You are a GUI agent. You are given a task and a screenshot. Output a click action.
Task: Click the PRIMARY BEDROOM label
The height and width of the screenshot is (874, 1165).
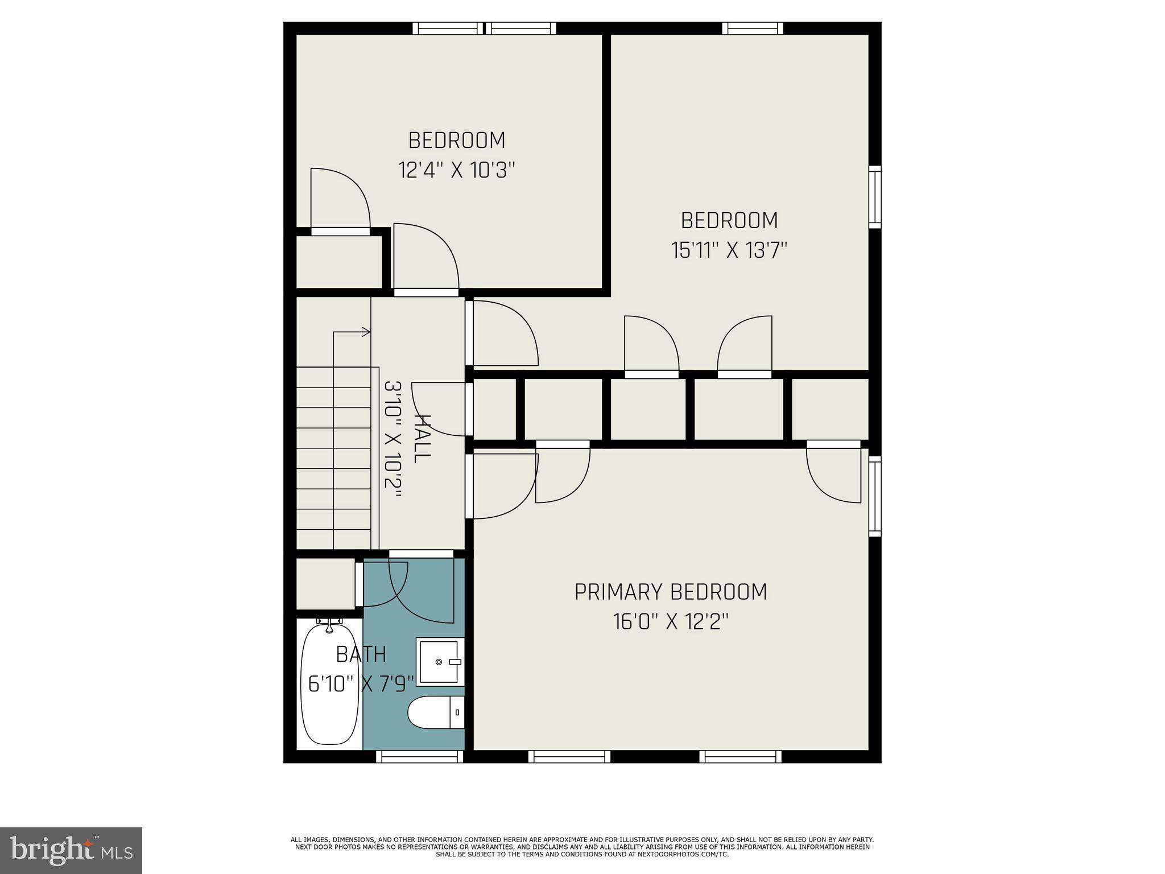click(x=670, y=592)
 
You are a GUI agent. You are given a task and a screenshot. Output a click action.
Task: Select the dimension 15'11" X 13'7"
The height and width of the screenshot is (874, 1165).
click(x=729, y=250)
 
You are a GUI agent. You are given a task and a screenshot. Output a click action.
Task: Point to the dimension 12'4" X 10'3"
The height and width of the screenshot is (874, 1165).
click(x=456, y=170)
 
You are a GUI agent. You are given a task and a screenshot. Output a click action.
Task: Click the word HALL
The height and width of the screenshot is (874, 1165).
click(x=422, y=439)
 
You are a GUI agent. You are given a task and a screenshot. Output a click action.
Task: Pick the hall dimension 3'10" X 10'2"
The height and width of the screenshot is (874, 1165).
click(x=393, y=439)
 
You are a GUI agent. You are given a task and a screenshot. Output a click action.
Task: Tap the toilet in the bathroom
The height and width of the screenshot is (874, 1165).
click(x=436, y=712)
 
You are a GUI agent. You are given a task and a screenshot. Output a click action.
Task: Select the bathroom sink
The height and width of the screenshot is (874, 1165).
click(x=439, y=662)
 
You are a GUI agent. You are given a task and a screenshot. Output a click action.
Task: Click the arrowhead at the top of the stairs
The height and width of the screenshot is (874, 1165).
click(x=366, y=332)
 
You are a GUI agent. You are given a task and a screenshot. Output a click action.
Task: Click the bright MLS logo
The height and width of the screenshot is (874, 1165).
click(x=71, y=850)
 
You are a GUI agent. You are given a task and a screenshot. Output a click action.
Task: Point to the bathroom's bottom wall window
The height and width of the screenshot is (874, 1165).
click(x=419, y=756)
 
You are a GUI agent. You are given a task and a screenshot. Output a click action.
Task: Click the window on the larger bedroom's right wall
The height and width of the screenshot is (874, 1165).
click(x=875, y=197)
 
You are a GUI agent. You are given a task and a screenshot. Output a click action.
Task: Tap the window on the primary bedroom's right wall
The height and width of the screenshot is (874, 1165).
click(x=875, y=496)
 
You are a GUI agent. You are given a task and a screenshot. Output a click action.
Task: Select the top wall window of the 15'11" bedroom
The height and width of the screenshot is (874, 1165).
click(x=752, y=28)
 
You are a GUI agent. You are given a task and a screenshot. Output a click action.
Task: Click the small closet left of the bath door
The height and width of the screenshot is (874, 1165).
click(x=325, y=584)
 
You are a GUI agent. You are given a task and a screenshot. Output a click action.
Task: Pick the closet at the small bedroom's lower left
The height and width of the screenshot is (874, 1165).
click(x=339, y=261)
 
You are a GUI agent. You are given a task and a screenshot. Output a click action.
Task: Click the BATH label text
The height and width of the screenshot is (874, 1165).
click(x=361, y=654)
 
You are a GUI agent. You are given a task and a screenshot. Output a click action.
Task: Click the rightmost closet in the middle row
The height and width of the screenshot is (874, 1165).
click(x=830, y=409)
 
